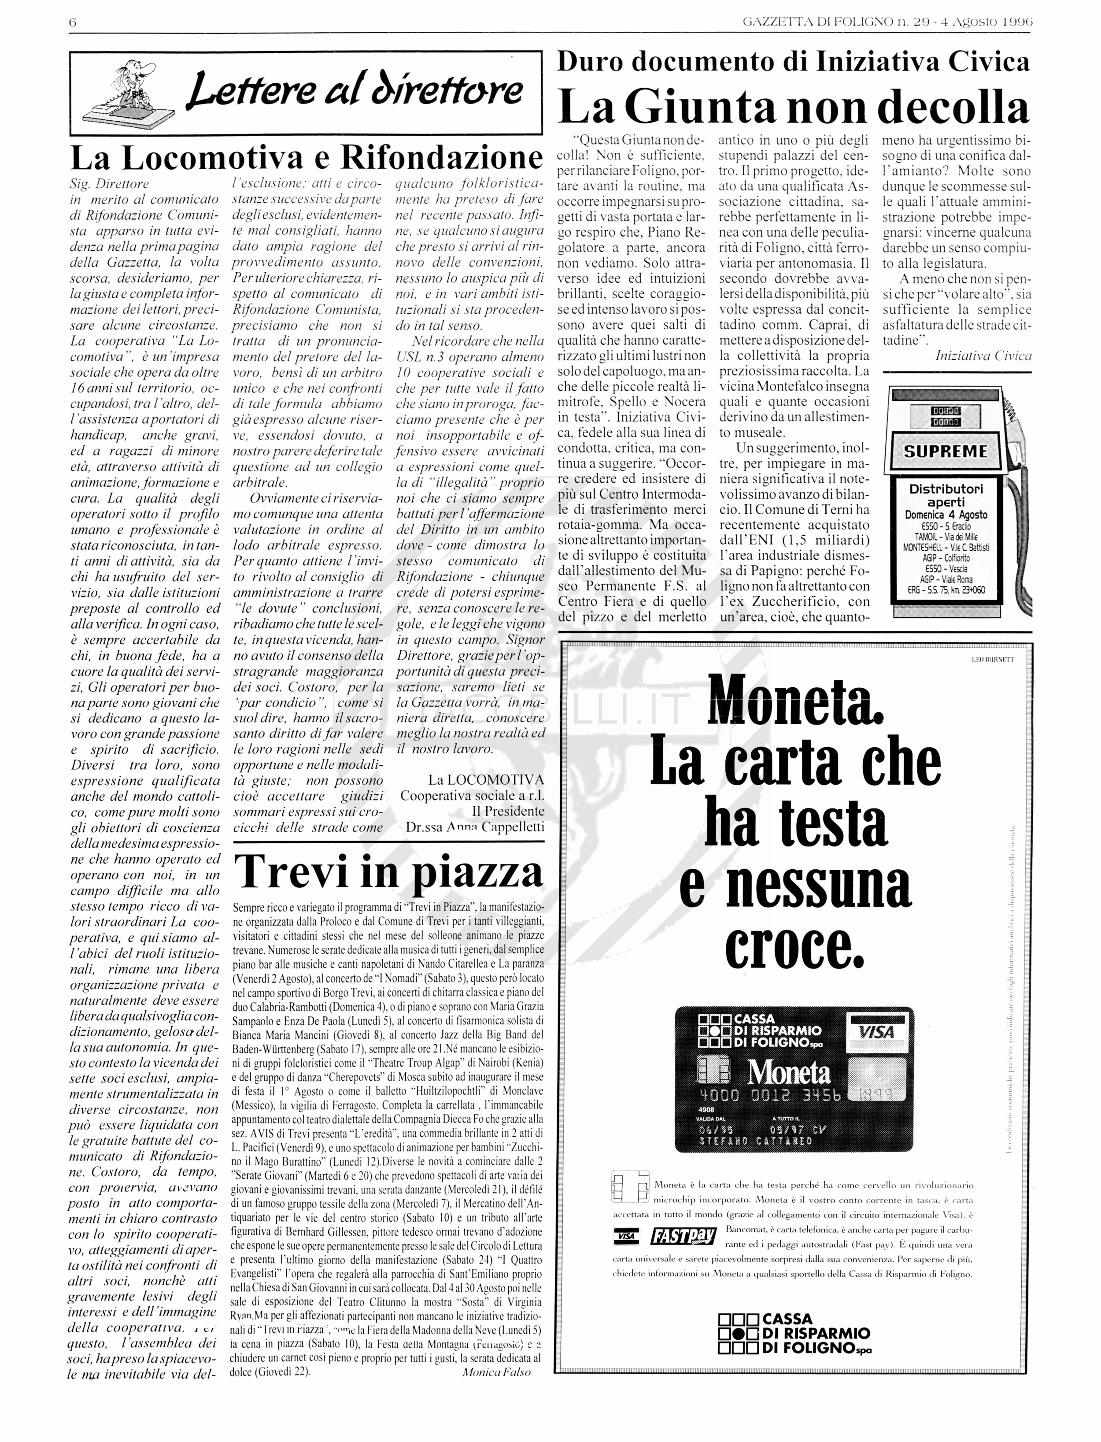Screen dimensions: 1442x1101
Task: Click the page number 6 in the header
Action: click(73, 22)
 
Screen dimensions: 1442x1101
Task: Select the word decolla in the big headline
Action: click(953, 107)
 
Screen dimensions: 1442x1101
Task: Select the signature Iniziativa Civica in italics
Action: click(983, 356)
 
